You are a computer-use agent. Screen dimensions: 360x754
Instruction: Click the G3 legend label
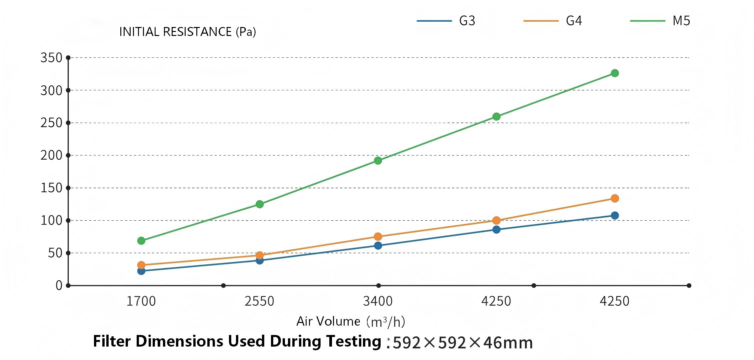tap(467, 21)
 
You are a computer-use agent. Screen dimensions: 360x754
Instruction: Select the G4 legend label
tap(574, 21)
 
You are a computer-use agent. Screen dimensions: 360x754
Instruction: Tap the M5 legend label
tap(681, 21)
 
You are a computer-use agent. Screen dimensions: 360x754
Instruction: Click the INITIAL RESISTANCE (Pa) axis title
tap(187, 32)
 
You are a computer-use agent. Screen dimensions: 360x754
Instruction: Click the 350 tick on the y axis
tap(51, 58)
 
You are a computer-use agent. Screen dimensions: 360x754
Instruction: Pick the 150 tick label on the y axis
tap(51, 188)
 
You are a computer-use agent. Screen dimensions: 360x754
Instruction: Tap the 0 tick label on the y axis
tap(59, 286)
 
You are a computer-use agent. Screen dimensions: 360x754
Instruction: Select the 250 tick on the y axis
tap(51, 123)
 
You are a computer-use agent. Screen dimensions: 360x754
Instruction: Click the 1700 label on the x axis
tap(141, 301)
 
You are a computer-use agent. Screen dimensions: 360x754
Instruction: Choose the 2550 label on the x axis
tap(259, 301)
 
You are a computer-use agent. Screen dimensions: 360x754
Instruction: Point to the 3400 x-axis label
tap(378, 301)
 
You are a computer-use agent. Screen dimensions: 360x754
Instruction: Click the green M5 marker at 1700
tap(141, 241)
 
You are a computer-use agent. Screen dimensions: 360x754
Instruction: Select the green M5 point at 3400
tap(378, 161)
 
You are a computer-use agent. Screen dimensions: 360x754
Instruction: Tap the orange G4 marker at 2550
tap(260, 255)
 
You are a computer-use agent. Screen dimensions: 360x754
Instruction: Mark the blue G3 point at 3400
tap(378, 246)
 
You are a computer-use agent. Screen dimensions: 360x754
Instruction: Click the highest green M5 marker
tap(615, 73)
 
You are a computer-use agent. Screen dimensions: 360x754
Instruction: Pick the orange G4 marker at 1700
tap(141, 265)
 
